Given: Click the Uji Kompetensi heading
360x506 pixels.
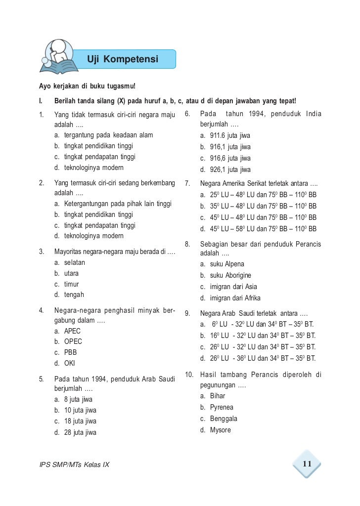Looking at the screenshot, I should click(123, 59).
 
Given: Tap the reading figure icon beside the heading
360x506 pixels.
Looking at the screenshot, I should click(58, 56).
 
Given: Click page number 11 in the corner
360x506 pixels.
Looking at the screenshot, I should click(307, 464).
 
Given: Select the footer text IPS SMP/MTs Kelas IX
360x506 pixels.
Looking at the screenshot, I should click(74, 465).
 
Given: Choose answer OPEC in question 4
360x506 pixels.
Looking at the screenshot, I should click(73, 341).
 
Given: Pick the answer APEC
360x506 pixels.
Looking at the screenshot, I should click(72, 331).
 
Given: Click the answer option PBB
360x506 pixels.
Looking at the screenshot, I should click(70, 353).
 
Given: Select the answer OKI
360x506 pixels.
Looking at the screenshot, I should click(69, 364).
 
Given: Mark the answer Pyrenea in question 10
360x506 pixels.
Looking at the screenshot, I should click(221, 407).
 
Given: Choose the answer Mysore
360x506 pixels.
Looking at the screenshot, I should click(220, 430).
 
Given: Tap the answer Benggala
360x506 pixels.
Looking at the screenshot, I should click(224, 419).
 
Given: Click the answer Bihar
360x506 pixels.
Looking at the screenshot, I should click(217, 396).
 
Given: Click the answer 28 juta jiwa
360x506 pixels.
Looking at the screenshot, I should click(80, 432).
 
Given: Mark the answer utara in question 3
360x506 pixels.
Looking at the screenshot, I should click(71, 273).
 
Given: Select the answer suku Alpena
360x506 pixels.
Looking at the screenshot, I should click(227, 264).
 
